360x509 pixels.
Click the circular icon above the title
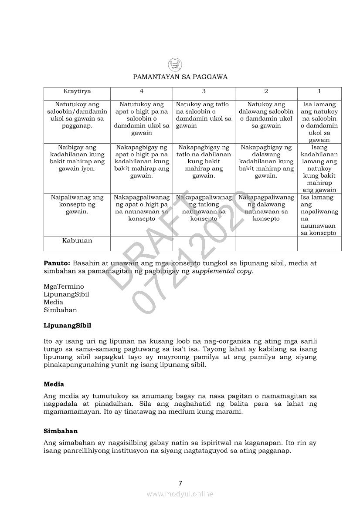tap(175, 65)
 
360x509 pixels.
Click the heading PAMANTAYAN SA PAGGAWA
tap(180, 77)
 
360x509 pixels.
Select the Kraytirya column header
tap(77, 91)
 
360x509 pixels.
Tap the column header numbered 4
tap(141, 91)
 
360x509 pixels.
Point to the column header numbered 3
tap(204, 91)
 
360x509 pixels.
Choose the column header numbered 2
tap(266, 91)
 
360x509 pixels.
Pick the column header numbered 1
tap(319, 91)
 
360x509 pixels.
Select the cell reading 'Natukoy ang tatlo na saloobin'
tap(204, 115)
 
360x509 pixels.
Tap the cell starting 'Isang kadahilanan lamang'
tap(319, 169)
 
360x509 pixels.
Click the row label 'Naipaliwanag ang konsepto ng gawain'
tap(77, 204)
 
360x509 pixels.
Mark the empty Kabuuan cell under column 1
tap(319, 243)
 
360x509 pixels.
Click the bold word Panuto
tap(57, 263)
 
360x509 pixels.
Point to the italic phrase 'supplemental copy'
tap(222, 271)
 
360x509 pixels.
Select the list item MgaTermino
tap(64, 287)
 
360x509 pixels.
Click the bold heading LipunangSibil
tap(67, 325)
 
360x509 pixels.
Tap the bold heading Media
tap(54, 384)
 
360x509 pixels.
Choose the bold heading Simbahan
tap(61, 431)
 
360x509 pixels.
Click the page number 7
tap(180, 483)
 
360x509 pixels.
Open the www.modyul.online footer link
tap(180, 494)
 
